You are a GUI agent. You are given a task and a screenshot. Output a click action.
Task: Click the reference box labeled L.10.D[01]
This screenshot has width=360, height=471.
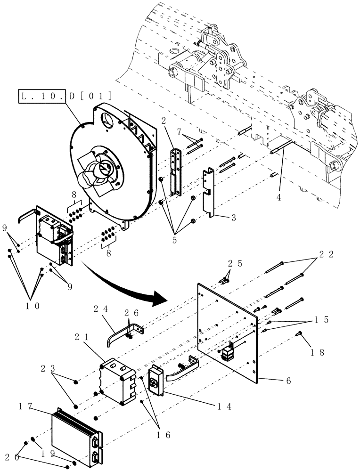(x=65, y=97)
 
